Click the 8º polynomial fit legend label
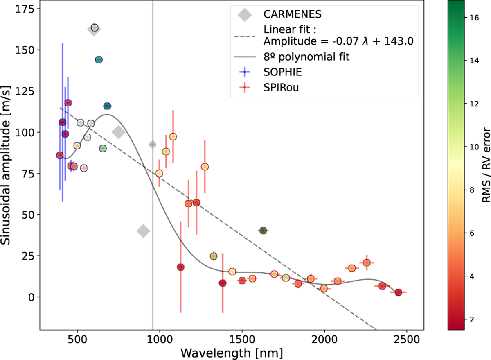(x=307, y=57)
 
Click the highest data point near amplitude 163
(x=95, y=28)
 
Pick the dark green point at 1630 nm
(x=263, y=231)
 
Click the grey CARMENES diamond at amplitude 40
(x=143, y=231)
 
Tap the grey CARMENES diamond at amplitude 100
(x=119, y=132)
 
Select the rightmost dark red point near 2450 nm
(x=398, y=292)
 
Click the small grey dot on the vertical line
(x=153, y=144)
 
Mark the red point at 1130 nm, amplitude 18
(x=180, y=267)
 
